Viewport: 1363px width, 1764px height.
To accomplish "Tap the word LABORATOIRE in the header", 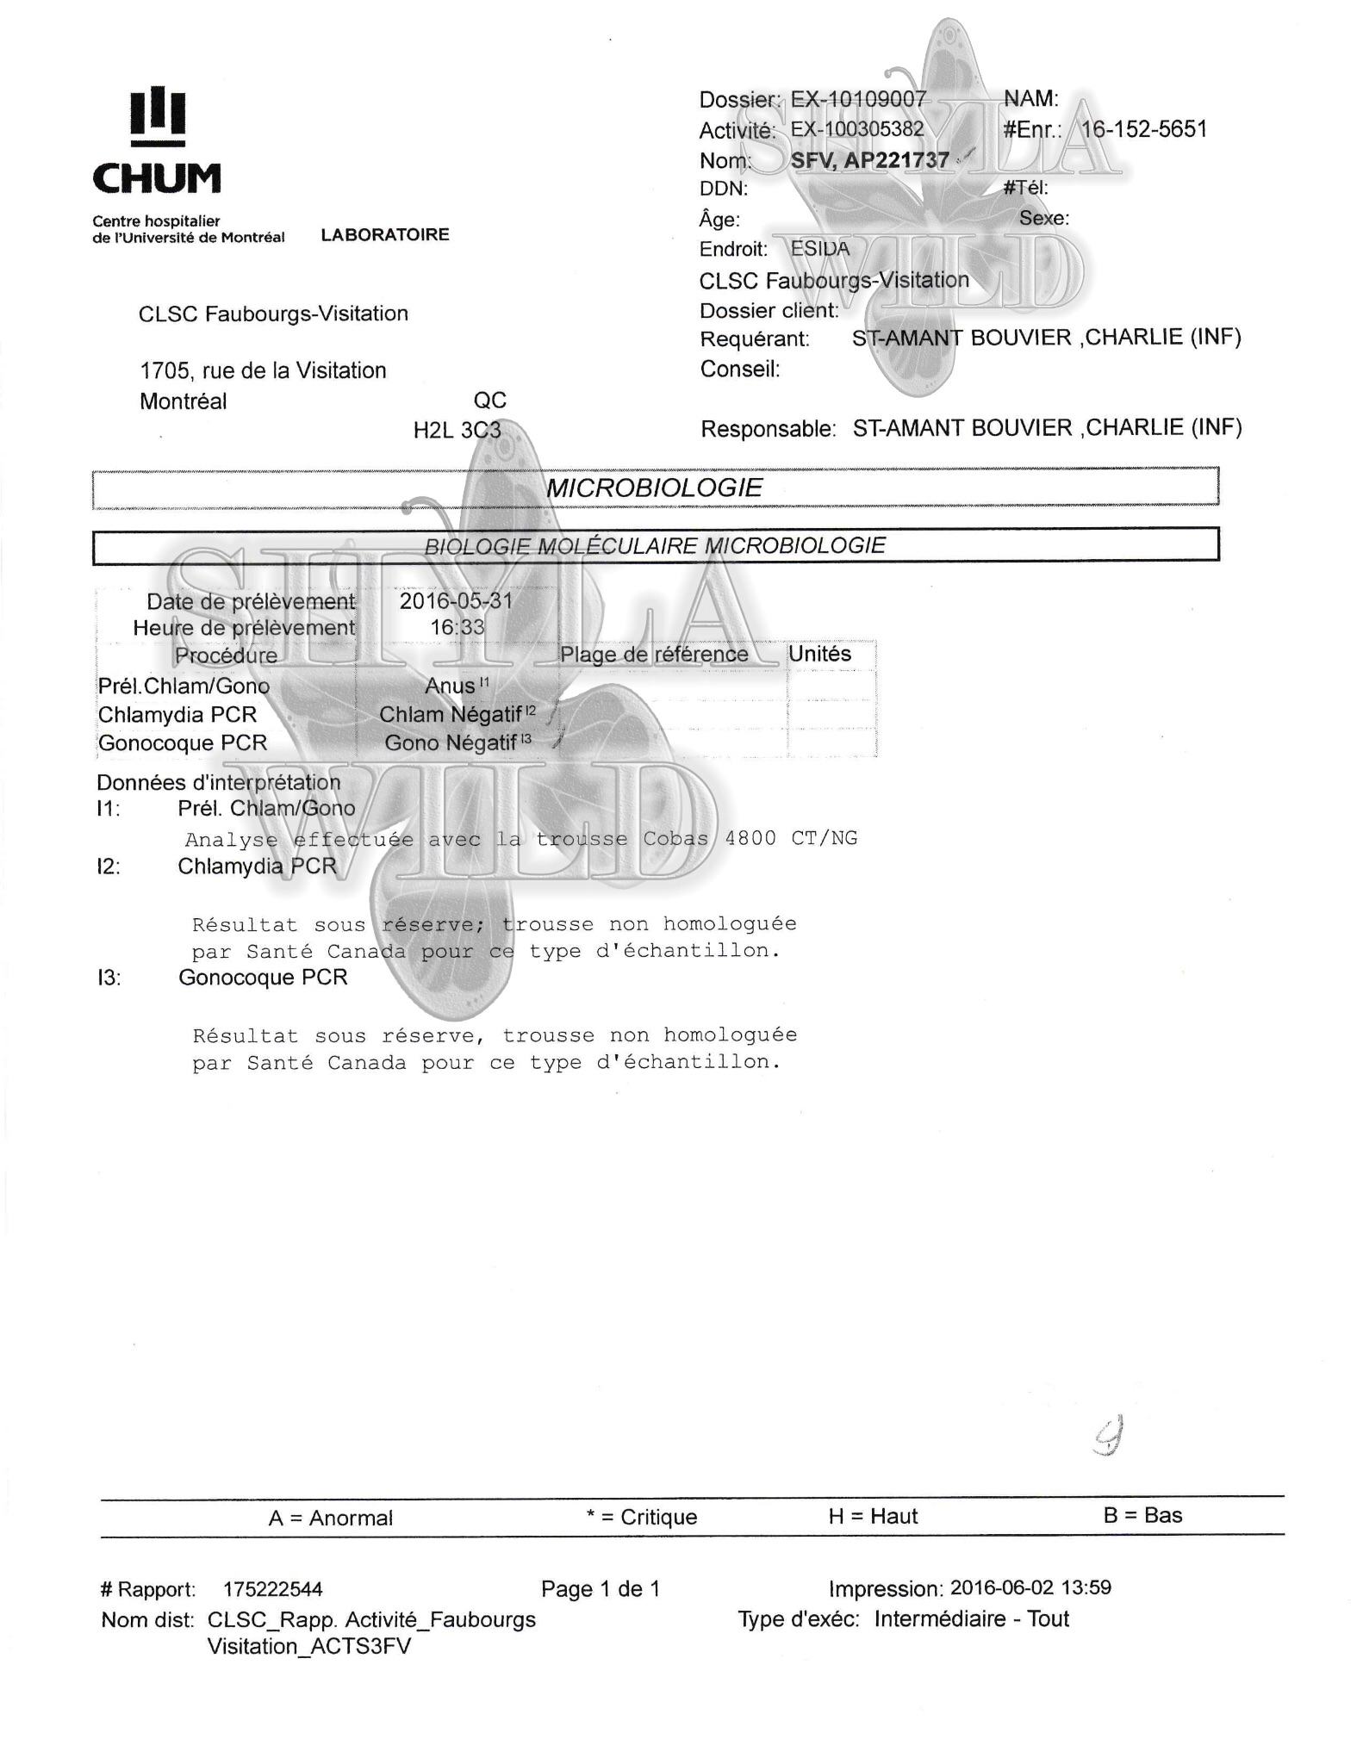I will (x=385, y=235).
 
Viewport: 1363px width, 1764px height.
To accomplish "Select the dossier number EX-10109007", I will (x=858, y=100).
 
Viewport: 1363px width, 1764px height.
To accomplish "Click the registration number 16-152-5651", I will (x=1143, y=130).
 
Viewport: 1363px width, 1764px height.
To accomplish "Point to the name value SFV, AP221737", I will (x=869, y=160).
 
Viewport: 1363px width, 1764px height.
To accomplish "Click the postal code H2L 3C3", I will (x=457, y=430).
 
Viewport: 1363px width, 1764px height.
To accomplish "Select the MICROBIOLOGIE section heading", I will (x=654, y=488).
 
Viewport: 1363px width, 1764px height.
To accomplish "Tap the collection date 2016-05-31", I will (x=456, y=601).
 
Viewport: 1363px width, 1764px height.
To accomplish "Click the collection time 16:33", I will (x=457, y=627).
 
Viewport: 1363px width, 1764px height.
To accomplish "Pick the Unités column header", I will (x=819, y=654).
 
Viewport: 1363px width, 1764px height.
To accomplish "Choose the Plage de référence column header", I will (x=654, y=655).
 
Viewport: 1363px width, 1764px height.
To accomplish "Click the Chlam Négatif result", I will (x=451, y=714).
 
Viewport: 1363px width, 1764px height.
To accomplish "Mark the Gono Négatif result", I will (x=451, y=742).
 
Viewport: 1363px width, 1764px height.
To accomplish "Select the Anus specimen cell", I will (x=451, y=686).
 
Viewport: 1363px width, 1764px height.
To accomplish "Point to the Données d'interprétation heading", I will (x=219, y=782).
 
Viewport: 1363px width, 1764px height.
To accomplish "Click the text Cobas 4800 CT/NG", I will (x=750, y=838).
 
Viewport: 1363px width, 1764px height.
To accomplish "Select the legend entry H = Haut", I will (x=873, y=1516).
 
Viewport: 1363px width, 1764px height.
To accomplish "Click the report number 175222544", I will (x=272, y=1589).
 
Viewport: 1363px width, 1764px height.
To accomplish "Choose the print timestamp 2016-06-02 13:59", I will (x=1030, y=1587).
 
